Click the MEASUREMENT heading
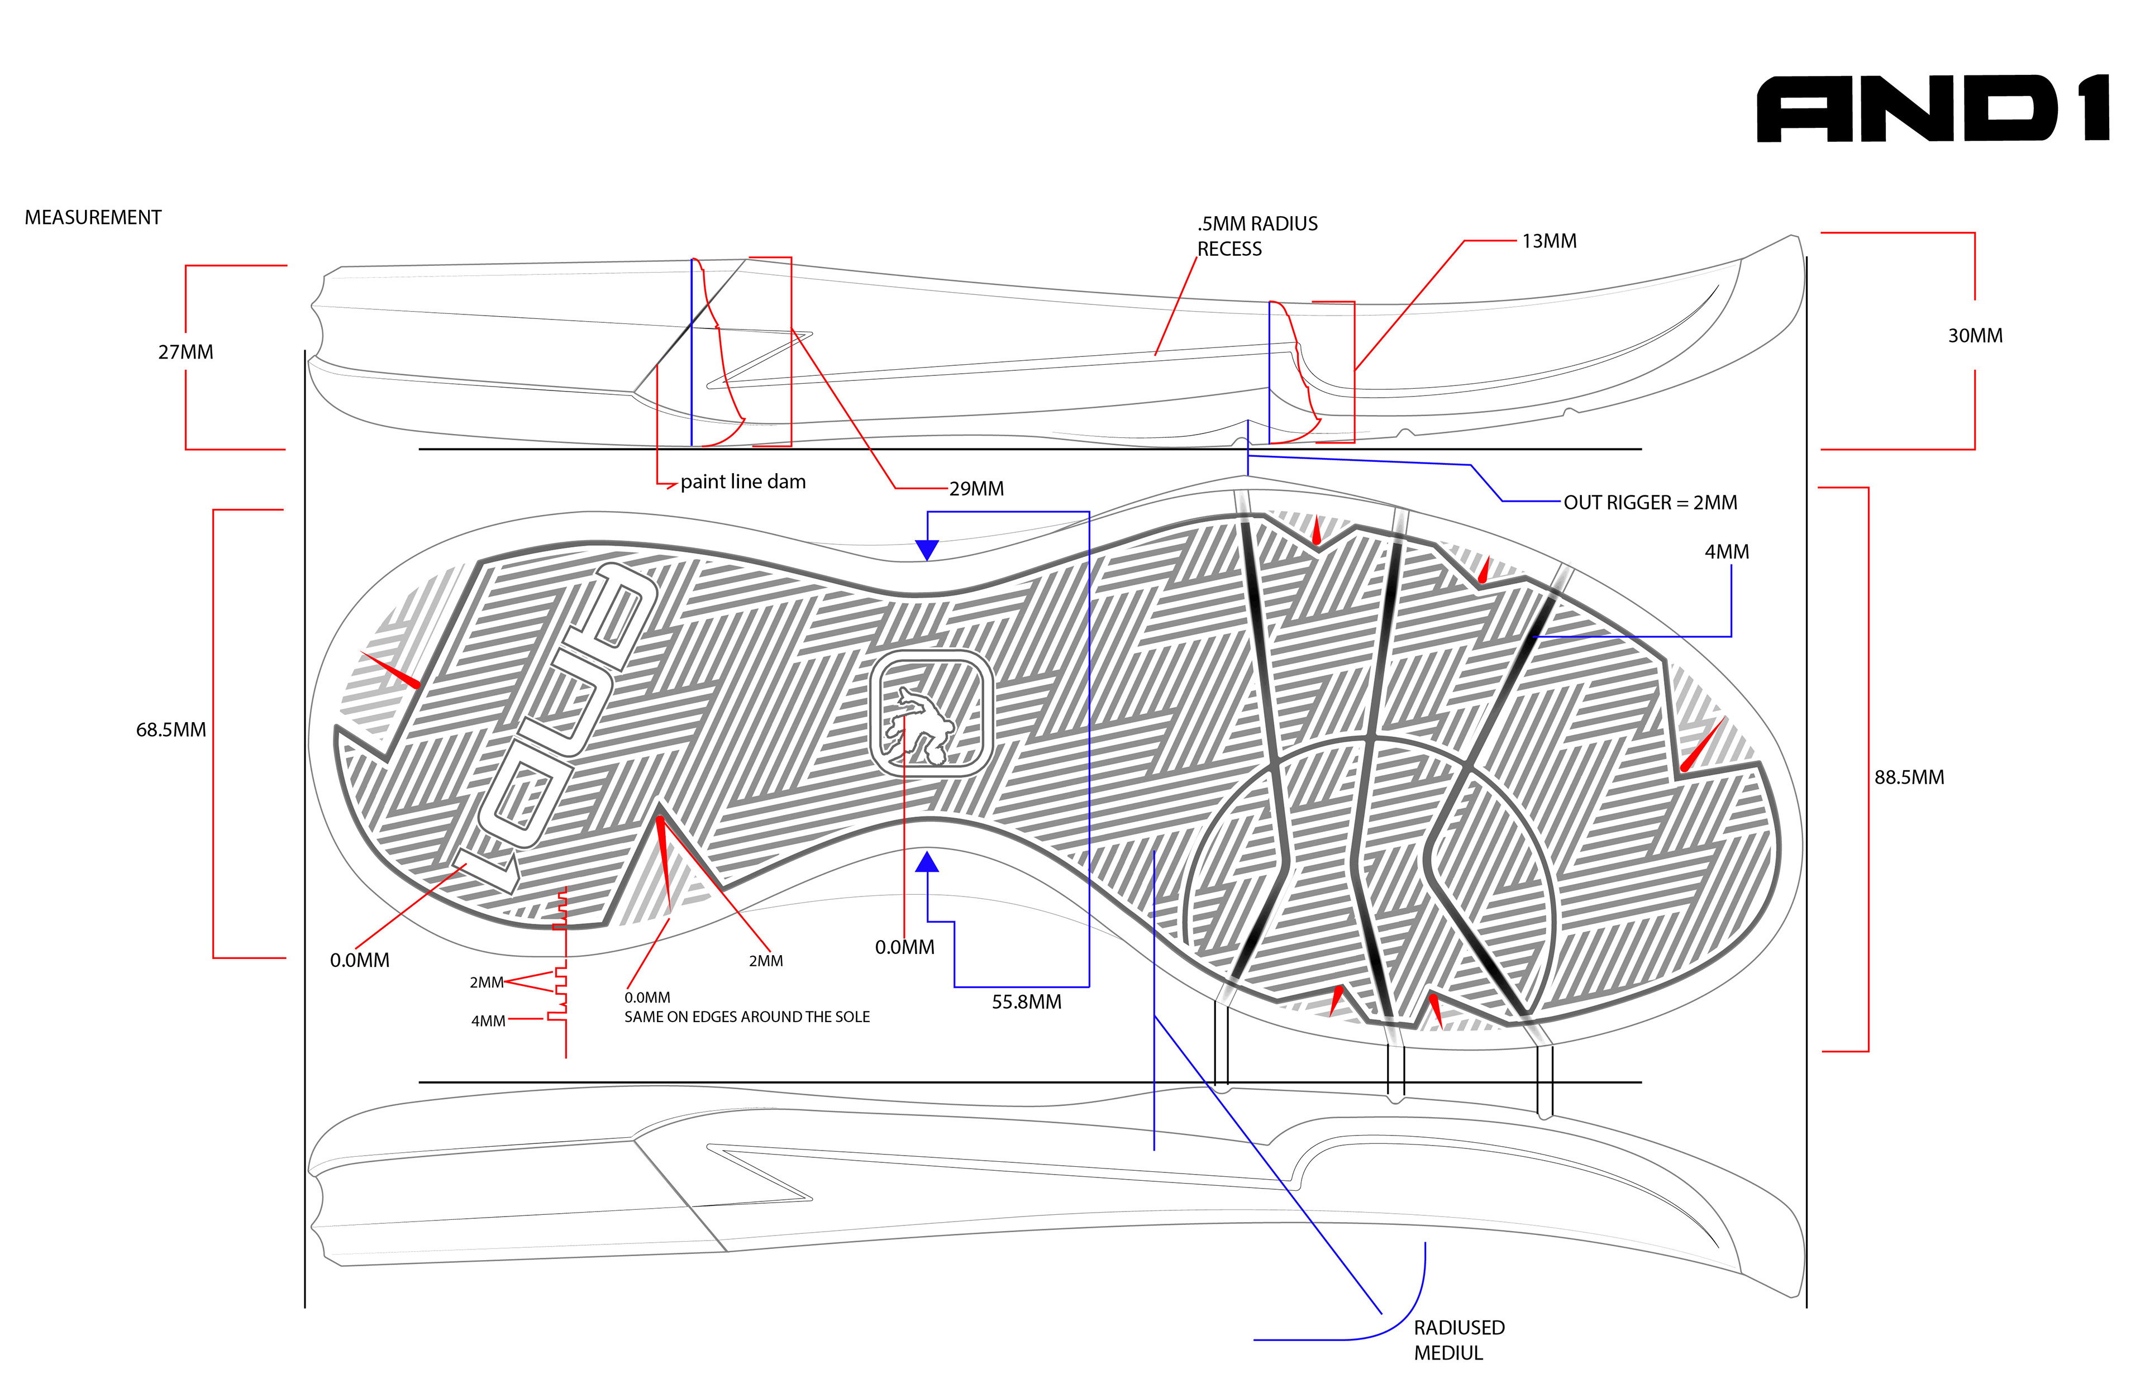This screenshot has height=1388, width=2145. (93, 218)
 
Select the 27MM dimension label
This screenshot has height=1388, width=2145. (185, 352)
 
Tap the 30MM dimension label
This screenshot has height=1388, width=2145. (1975, 336)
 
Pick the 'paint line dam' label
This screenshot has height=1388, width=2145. (742, 482)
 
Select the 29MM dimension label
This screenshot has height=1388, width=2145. (976, 489)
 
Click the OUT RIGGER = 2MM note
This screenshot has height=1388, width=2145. (1650, 503)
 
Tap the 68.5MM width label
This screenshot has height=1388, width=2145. (170, 730)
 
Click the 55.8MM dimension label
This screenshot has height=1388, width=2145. (1027, 1002)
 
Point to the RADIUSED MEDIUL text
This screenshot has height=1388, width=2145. (1458, 1340)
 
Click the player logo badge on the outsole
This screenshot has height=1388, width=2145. (931, 713)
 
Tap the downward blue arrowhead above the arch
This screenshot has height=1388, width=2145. (927, 549)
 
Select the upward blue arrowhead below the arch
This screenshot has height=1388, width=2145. (927, 862)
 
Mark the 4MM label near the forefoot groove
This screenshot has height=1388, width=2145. (1726, 552)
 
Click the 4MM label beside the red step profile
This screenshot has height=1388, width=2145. (488, 1021)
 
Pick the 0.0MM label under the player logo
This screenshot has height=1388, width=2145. (904, 947)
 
